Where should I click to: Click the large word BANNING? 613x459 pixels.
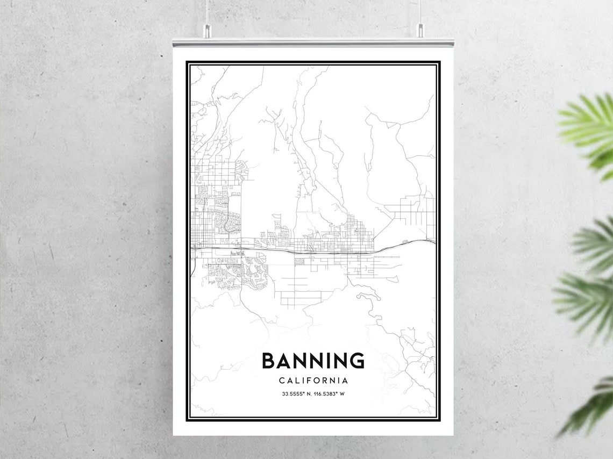(313, 361)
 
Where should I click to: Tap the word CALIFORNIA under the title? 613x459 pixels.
(313, 381)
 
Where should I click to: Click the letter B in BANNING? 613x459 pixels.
(268, 361)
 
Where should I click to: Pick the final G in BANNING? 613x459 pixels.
(357, 361)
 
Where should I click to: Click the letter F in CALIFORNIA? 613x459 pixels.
(308, 381)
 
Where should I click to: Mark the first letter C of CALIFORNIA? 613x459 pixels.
(282, 381)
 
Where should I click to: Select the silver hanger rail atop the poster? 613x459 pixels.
(313, 42)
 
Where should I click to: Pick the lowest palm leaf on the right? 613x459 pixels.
(589, 408)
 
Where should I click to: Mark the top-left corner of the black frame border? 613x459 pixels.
(187, 62)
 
